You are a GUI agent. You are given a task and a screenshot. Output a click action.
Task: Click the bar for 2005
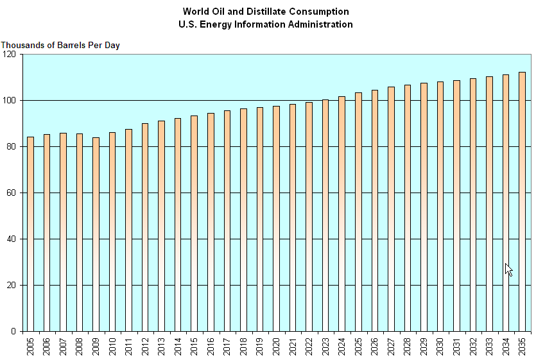coord(30,234)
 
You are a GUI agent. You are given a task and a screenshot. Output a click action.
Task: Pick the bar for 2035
coord(522,201)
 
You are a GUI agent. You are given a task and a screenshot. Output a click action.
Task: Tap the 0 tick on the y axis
coord(14,332)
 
